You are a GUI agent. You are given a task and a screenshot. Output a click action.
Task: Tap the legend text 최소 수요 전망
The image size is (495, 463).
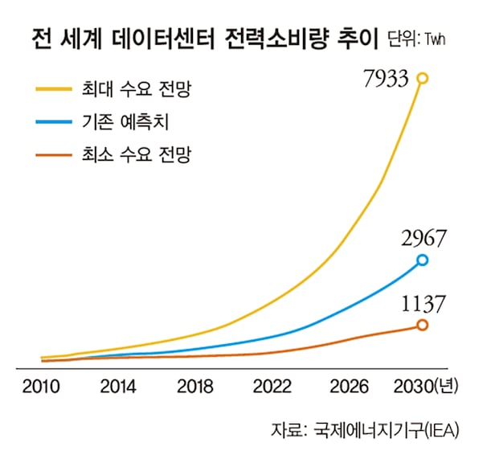pos(135,153)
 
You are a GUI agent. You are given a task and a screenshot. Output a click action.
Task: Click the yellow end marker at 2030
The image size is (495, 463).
pos(423,78)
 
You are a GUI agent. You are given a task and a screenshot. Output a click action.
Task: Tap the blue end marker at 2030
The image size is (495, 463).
pos(423,260)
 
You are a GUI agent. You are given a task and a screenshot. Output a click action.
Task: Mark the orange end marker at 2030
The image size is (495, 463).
pos(423,325)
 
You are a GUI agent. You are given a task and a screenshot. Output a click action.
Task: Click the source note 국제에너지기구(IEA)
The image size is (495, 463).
pos(382,430)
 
